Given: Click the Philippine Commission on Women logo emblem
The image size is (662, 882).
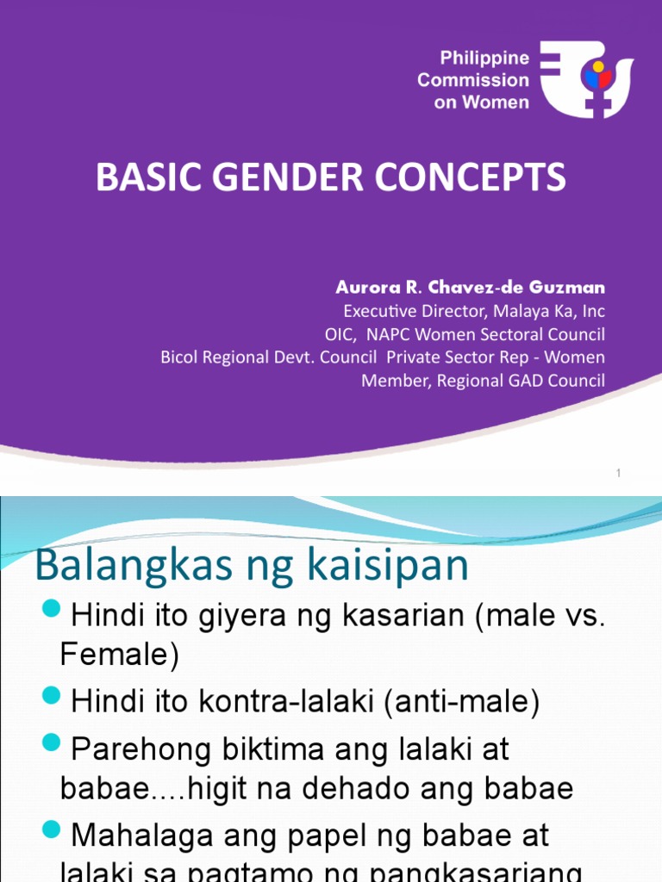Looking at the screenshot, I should click(594, 79).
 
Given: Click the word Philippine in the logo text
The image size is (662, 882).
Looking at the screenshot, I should click(484, 59).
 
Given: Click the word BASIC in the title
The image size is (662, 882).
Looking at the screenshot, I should click(141, 177).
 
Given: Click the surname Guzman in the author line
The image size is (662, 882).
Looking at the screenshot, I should click(572, 288).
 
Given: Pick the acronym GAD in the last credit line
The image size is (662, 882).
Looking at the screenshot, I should click(517, 380).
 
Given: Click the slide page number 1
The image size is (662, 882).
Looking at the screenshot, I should click(619, 473).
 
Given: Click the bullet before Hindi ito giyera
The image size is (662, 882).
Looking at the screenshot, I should click(53, 611).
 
